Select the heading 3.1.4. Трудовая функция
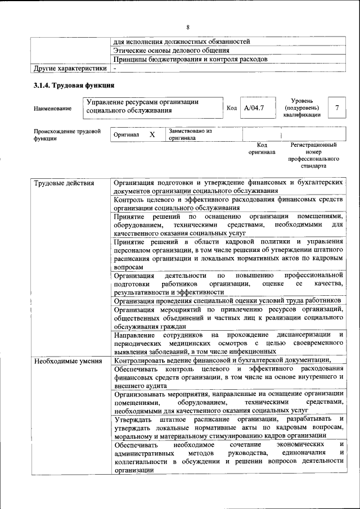click(74, 85)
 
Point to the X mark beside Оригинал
click(152, 135)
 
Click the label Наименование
click(53, 108)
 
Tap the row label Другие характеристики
click(70, 68)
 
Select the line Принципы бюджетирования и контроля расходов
click(190, 59)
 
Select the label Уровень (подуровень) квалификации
click(301, 107)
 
